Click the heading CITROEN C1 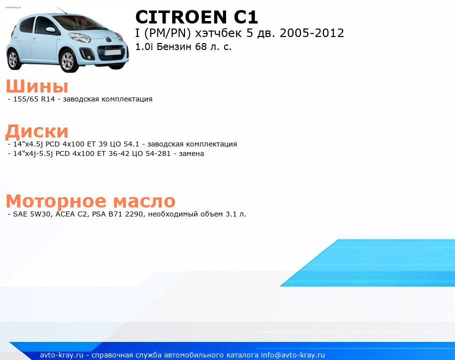(196, 17)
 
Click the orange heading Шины (37, 86)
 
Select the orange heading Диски (37, 131)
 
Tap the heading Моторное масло (90, 201)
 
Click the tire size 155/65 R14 (34, 99)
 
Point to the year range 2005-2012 (312, 33)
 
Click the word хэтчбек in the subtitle (218, 33)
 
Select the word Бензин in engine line (174, 46)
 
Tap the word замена (191, 153)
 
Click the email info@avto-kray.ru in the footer (293, 355)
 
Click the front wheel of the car (68, 60)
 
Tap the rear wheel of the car (13, 59)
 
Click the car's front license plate (112, 52)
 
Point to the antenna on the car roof (62, 10)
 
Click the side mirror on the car (51, 29)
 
